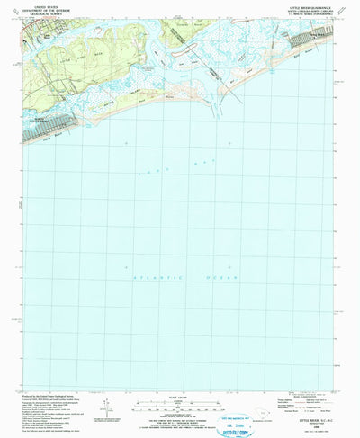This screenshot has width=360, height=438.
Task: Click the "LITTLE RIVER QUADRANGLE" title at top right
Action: (x=305, y=4)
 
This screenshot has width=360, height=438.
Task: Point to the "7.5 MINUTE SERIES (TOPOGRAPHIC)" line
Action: (x=305, y=12)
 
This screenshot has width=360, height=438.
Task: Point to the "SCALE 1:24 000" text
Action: (x=180, y=374)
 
